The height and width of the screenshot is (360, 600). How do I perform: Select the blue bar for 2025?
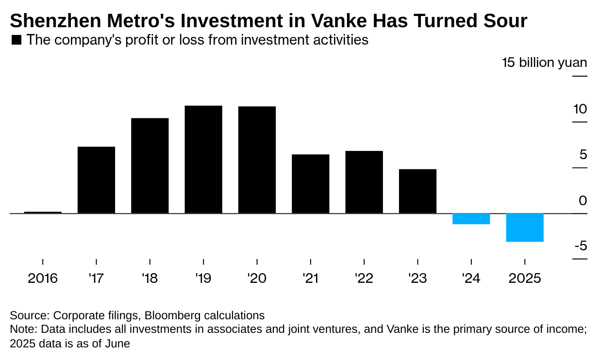525,227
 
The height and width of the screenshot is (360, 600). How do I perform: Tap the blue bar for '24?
471,219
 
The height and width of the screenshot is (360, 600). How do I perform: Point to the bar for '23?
417,191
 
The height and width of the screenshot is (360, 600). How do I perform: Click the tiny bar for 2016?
43,212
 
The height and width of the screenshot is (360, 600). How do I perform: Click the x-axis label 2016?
43,278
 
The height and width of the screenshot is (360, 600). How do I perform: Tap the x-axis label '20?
257,278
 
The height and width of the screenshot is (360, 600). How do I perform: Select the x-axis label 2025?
524,278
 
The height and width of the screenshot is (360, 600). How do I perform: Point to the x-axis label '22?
364,278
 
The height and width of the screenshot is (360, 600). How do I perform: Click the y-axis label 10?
580,109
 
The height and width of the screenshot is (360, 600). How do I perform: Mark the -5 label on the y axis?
581,246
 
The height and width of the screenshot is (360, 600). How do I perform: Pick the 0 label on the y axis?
583,200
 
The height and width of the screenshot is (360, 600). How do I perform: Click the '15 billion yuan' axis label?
544,63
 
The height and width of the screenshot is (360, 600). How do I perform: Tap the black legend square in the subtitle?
16,40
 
